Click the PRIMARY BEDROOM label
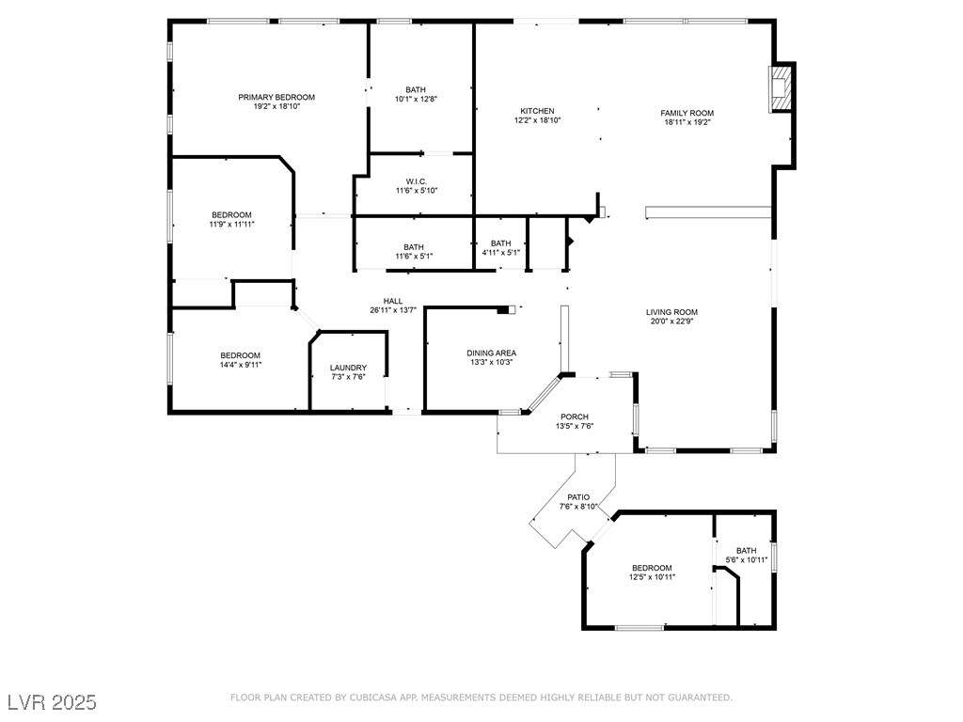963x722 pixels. [x=276, y=97]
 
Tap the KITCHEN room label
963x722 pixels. [x=537, y=111]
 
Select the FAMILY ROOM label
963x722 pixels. [x=687, y=113]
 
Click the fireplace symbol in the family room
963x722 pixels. [x=780, y=88]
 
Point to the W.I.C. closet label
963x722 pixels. [x=417, y=181]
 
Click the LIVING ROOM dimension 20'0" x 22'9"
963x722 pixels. [x=671, y=321]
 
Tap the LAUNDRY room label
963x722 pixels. [x=348, y=368]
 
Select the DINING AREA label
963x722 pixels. [x=491, y=353]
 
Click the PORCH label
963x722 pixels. [x=575, y=416]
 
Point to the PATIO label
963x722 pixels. [x=578, y=497]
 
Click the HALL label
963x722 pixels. [x=393, y=301]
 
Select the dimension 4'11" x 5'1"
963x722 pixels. [x=501, y=252]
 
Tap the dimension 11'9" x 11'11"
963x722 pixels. [x=231, y=224]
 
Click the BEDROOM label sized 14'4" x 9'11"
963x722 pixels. [x=240, y=355]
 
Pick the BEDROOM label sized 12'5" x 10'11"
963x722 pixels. [x=652, y=568]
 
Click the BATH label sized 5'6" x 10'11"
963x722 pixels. [x=746, y=551]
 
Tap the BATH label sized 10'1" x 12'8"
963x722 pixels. [x=415, y=89]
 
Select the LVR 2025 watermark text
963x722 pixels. [x=52, y=702]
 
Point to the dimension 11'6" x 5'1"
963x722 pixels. [x=414, y=256]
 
